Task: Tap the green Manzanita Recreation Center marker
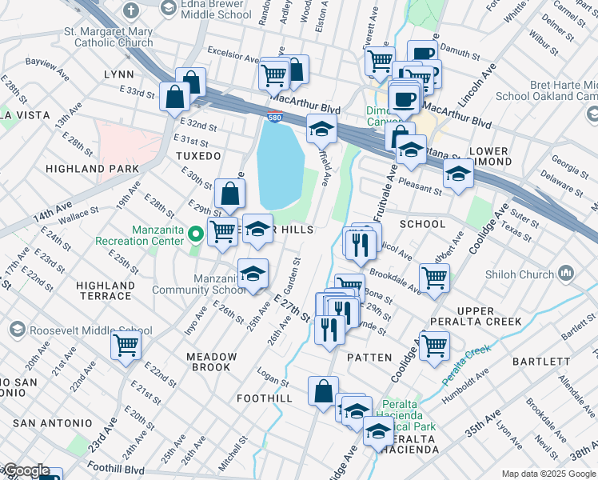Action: (197, 234)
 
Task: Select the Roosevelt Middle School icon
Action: (18, 330)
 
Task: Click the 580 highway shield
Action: (274, 118)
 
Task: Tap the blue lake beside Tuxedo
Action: (280, 164)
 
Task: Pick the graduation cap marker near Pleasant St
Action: (458, 174)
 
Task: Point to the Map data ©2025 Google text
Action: (548, 474)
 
